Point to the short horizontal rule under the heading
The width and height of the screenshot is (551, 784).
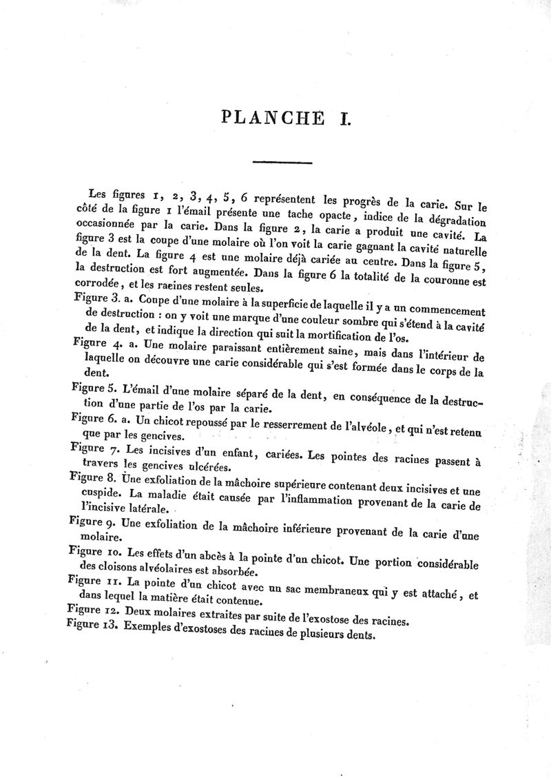pos(282,163)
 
